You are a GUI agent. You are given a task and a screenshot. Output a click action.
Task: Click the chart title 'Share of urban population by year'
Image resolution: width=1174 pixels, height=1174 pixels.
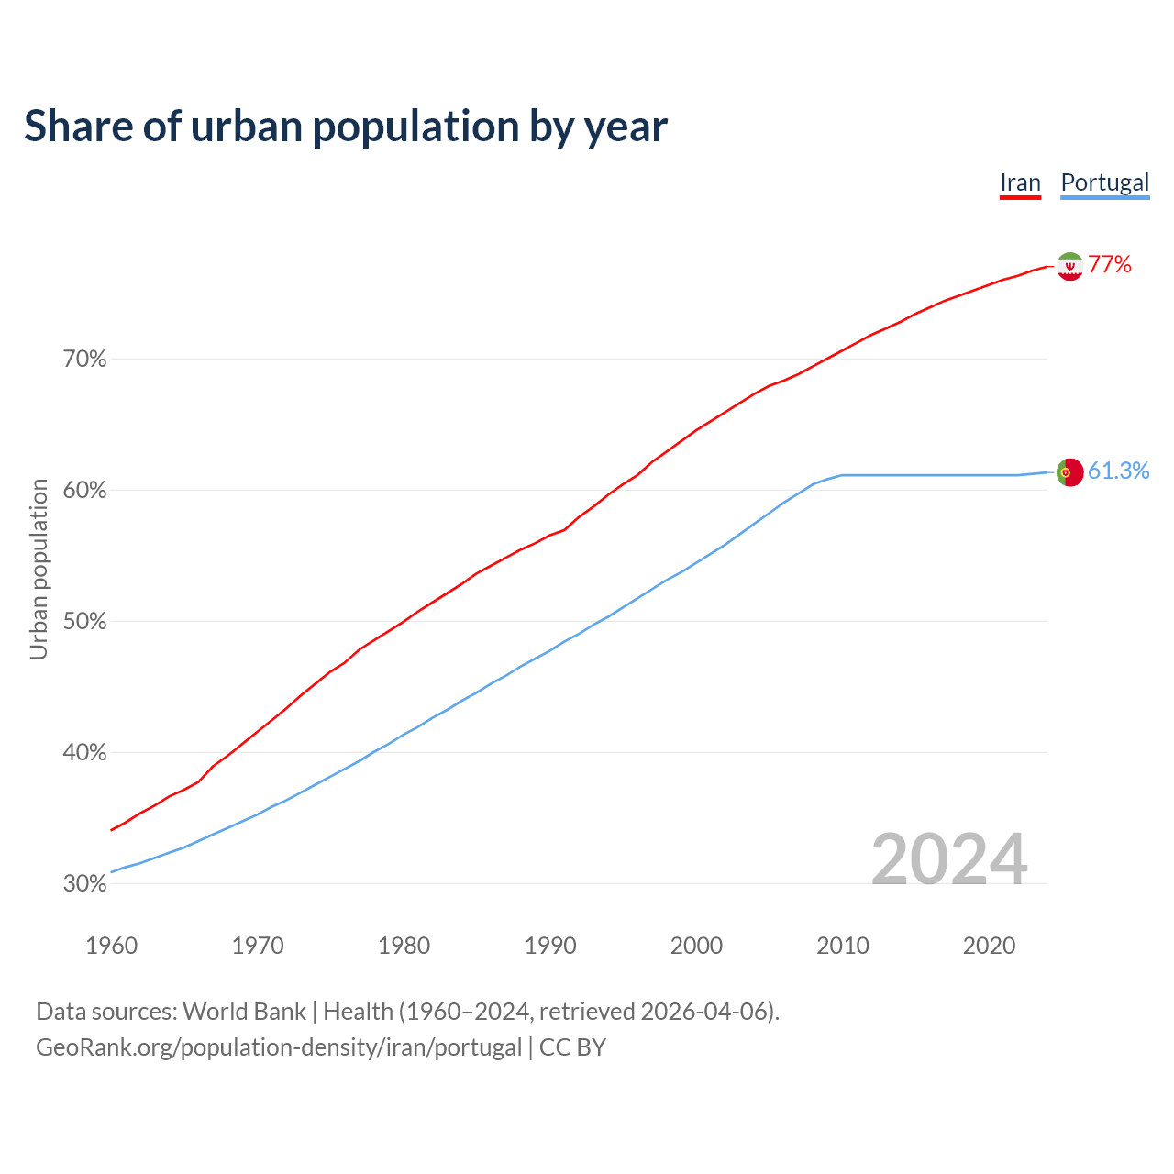click(x=346, y=127)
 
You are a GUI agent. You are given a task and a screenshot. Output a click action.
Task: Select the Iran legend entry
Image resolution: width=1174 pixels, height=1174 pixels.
click(x=1020, y=183)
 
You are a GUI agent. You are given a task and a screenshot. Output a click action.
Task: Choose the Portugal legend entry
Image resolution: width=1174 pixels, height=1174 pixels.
click(x=1104, y=183)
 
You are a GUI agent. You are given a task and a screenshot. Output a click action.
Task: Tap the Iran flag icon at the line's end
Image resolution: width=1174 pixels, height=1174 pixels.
click(x=1069, y=266)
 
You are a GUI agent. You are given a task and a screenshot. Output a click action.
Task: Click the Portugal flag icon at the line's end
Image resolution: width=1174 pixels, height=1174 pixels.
click(x=1069, y=472)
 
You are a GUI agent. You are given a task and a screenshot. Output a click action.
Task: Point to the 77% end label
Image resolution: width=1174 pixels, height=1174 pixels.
click(x=1110, y=265)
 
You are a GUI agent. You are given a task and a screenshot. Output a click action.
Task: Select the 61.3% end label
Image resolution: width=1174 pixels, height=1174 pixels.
click(x=1118, y=471)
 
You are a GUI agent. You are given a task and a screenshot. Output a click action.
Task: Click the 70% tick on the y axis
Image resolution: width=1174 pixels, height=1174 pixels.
click(x=84, y=360)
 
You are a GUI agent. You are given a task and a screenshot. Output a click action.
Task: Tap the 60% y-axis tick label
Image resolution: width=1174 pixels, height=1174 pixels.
click(x=84, y=491)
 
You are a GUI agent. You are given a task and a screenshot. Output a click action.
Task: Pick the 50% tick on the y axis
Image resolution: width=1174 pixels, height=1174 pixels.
click(x=84, y=622)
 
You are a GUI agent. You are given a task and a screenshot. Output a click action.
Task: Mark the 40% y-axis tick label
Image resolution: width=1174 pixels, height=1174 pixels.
click(x=84, y=753)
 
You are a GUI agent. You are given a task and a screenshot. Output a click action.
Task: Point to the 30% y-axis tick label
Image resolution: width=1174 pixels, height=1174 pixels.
click(x=84, y=884)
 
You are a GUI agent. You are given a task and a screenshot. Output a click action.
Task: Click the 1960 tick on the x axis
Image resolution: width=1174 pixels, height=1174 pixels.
click(x=112, y=946)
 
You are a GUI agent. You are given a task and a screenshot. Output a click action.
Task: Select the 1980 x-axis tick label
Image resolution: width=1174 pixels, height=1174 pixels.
click(x=404, y=946)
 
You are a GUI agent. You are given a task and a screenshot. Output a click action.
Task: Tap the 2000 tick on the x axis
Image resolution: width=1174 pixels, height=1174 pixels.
click(x=697, y=946)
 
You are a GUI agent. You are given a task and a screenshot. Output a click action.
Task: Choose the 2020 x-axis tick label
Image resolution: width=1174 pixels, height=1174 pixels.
click(x=989, y=946)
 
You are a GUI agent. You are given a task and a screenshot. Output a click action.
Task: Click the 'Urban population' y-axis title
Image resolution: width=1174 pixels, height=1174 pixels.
click(x=39, y=569)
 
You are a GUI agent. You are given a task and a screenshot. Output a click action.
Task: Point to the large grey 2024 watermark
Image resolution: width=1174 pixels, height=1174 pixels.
click(x=949, y=859)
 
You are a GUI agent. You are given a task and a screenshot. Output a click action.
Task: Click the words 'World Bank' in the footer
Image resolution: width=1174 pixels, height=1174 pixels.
click(x=244, y=1012)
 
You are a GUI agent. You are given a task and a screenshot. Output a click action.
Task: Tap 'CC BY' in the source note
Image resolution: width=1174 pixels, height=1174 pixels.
click(x=572, y=1047)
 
